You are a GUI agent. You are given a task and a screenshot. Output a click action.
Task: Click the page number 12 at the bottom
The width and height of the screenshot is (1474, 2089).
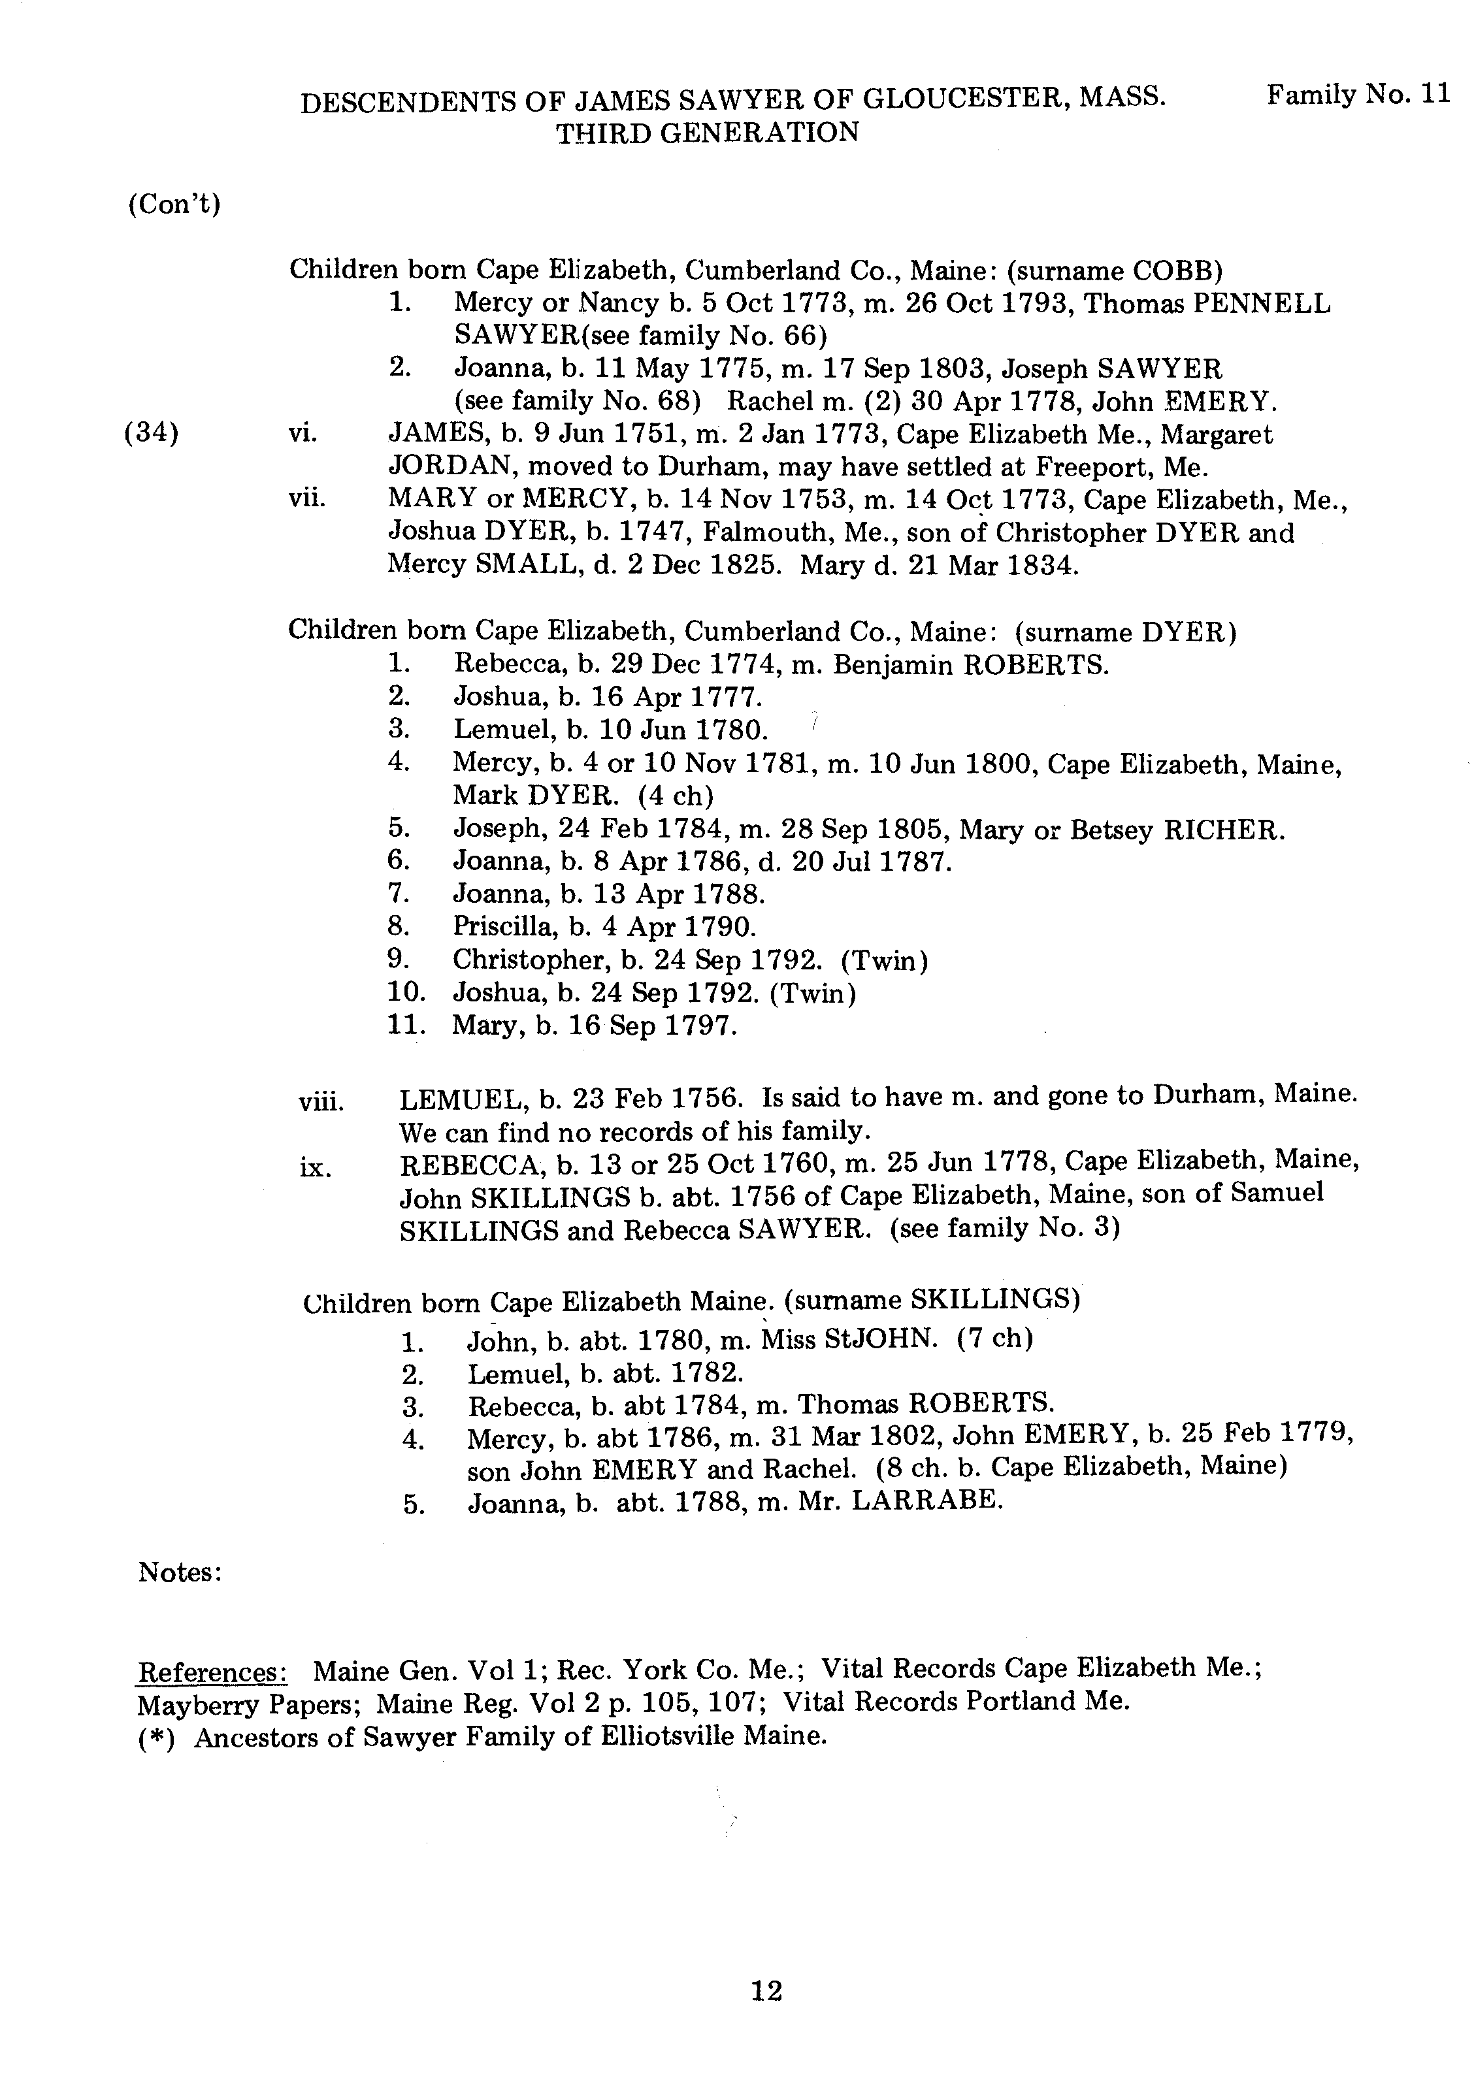coord(766,1992)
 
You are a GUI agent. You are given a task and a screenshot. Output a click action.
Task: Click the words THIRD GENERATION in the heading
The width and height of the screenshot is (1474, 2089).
coord(707,133)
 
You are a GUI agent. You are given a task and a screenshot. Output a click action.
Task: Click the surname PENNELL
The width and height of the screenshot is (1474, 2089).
coord(1260,303)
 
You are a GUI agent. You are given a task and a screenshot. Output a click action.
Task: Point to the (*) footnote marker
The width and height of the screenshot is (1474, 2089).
coord(156,1738)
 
